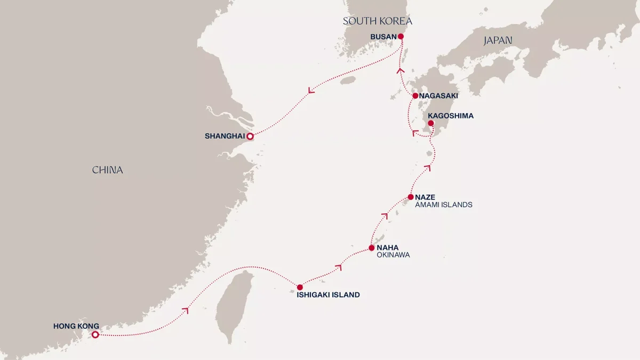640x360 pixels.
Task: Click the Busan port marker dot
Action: coord(401,36)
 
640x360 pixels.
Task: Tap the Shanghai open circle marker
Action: coord(250,137)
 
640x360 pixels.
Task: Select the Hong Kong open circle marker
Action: coord(95,335)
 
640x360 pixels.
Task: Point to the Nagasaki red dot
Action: coord(415,96)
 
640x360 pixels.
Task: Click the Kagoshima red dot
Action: coord(431,123)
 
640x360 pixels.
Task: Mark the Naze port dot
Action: coord(410,197)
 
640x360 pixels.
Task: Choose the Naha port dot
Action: coord(372,248)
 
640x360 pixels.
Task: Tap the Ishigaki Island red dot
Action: coord(300,287)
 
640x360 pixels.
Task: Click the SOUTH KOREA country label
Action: coord(378,21)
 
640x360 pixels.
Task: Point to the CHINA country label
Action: coord(107,170)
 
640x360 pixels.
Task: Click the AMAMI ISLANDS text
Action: coord(444,205)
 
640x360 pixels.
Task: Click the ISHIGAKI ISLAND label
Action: coord(328,294)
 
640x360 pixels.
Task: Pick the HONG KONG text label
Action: coord(76,326)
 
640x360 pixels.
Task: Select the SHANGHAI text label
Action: coord(225,137)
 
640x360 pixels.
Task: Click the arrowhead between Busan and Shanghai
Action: coord(311,91)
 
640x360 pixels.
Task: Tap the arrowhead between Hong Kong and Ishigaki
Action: coord(186,309)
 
